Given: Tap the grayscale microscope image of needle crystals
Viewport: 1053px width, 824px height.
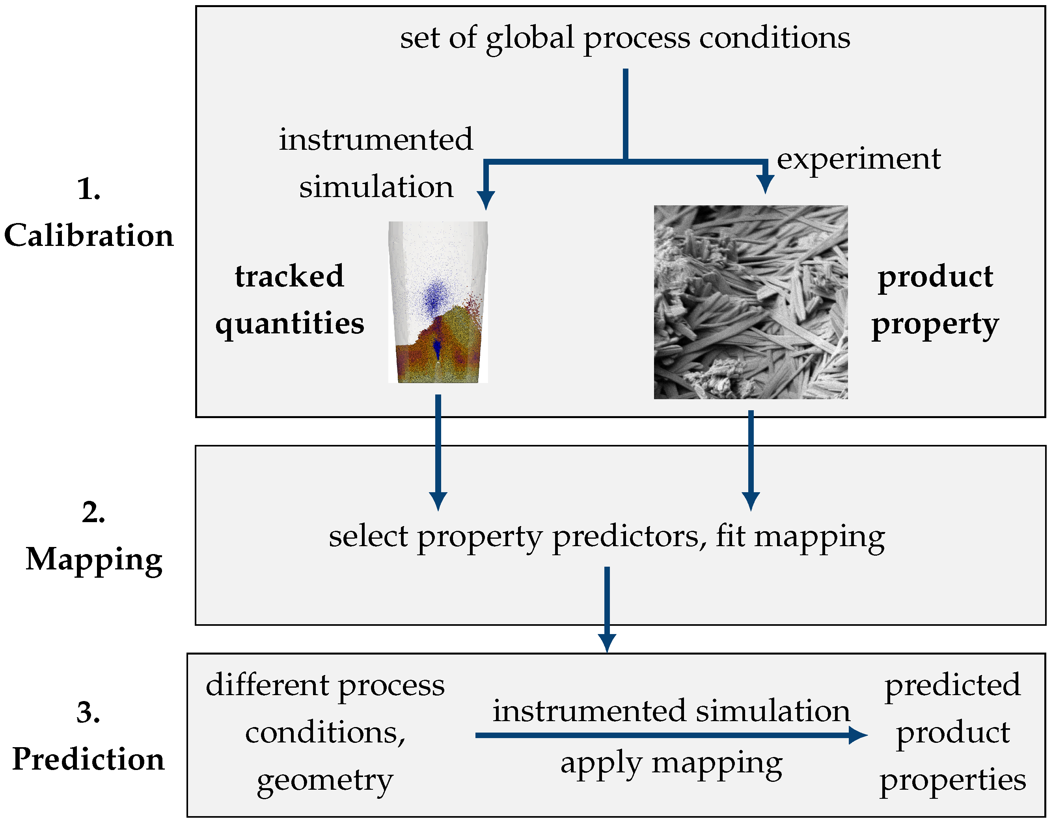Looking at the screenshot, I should click(x=750, y=303).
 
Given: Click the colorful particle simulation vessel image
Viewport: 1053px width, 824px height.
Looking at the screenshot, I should click(x=438, y=303).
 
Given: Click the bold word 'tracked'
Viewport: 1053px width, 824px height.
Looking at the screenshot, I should click(x=289, y=276).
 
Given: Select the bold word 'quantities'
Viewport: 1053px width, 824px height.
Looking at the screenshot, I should click(x=289, y=323).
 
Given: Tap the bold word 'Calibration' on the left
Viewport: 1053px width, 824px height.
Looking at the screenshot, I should click(x=89, y=236).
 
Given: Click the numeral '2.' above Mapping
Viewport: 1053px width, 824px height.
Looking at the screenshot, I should click(x=93, y=512).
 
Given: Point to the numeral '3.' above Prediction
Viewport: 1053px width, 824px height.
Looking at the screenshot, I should click(x=88, y=712).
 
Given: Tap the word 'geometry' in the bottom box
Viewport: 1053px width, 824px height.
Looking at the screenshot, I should click(x=325, y=781).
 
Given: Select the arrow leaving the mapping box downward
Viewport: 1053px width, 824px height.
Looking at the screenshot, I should click(x=607, y=608).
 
